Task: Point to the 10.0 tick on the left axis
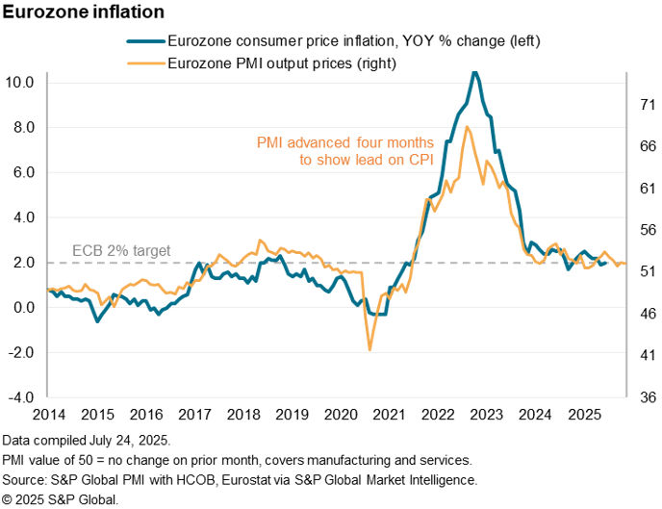pos(22,83)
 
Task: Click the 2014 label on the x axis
pos(47,415)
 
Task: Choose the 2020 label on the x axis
pos(342,415)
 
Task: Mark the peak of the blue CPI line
pos(473,72)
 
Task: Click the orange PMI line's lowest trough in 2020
pos(370,349)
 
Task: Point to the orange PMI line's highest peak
pos(467,127)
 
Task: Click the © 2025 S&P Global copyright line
pos(60,498)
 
